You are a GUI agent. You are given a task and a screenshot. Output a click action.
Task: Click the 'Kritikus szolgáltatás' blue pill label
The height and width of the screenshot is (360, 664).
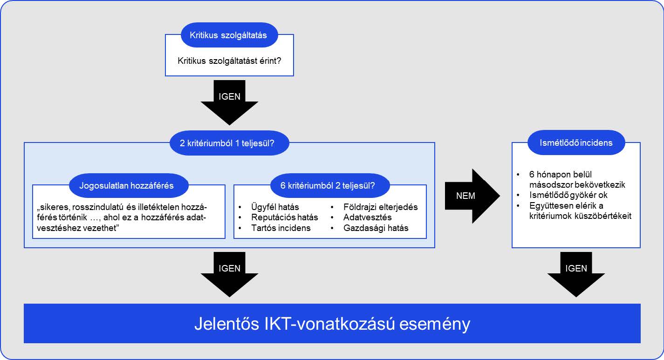tap(228, 35)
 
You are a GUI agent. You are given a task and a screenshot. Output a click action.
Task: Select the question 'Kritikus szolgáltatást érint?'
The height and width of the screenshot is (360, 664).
tap(229, 61)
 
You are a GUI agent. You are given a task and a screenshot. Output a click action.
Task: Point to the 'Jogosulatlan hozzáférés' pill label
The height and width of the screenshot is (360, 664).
tap(128, 186)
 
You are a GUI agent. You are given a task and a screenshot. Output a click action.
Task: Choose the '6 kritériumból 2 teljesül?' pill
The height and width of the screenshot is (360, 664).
tap(330, 186)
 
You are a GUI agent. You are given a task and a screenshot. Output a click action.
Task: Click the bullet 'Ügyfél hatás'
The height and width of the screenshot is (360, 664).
tap(275, 207)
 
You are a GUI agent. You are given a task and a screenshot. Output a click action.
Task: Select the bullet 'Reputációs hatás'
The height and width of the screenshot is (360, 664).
tap(284, 217)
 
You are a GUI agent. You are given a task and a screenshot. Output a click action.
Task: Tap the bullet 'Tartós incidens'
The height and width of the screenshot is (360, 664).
tap(281, 228)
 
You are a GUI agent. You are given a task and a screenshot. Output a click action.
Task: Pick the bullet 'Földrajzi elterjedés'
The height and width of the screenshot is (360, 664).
tap(380, 207)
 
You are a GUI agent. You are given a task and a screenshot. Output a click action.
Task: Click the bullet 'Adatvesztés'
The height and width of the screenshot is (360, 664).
tap(367, 217)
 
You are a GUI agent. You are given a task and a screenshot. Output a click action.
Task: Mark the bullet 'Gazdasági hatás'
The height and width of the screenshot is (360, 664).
tap(376, 228)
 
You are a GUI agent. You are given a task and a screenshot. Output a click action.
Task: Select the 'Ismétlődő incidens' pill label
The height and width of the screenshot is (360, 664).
tap(576, 143)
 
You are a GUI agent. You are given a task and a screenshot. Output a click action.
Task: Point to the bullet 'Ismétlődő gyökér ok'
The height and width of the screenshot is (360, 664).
tap(568, 195)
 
